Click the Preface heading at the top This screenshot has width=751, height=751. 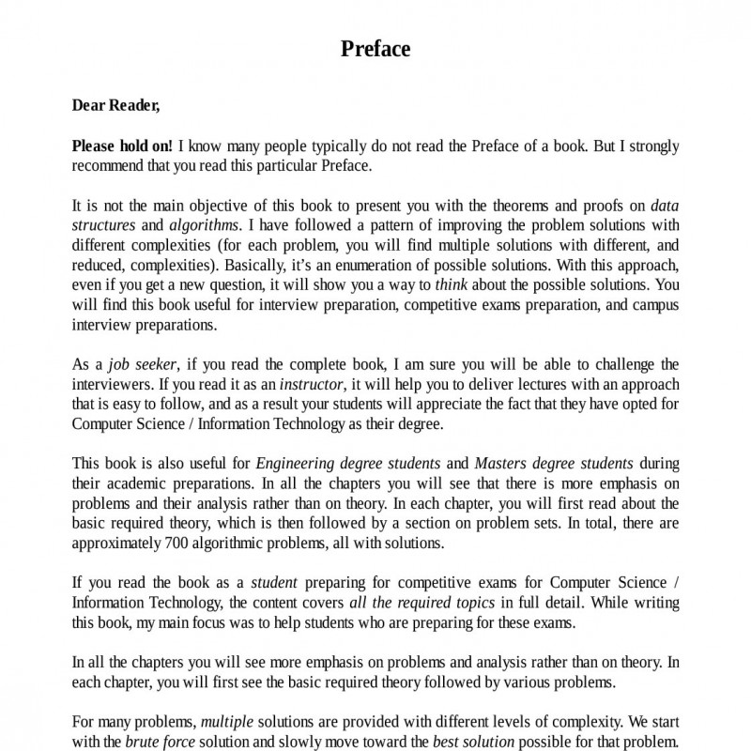coord(375,49)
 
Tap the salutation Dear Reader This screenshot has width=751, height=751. coord(116,105)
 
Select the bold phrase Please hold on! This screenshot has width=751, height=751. coord(123,146)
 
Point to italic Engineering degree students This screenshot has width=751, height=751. coord(348,464)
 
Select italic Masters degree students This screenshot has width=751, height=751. coord(554,464)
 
